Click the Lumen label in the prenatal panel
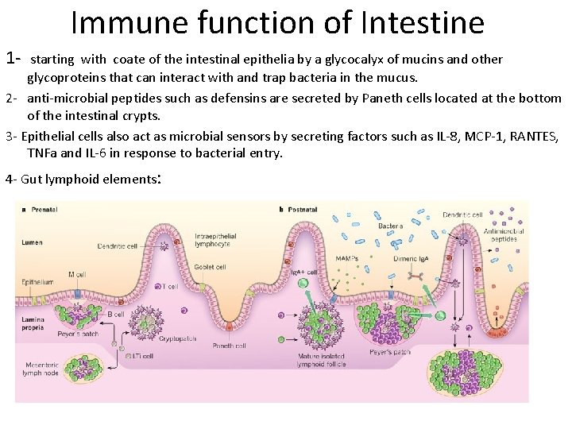click(x=33, y=242)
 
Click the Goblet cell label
click(x=211, y=267)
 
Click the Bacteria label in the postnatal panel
click(x=390, y=226)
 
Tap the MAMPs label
click(x=346, y=258)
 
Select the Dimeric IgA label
click(x=411, y=258)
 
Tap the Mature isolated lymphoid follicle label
click(x=322, y=361)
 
